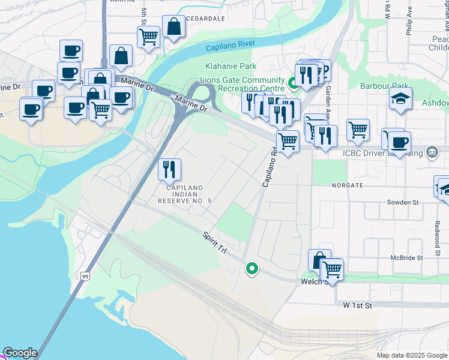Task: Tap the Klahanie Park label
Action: click(x=231, y=67)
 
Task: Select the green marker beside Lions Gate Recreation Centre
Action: click(x=294, y=82)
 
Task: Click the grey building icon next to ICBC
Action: click(x=432, y=151)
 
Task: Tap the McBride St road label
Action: click(x=406, y=257)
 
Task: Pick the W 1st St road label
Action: click(x=358, y=305)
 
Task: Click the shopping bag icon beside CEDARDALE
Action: click(x=173, y=26)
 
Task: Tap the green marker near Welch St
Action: click(x=252, y=268)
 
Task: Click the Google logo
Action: click(x=20, y=353)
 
